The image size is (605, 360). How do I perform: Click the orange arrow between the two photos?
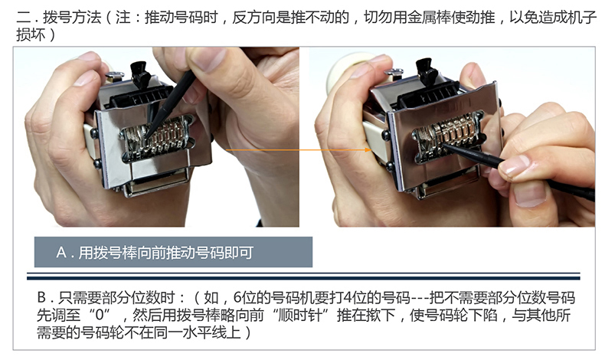pyautogui.click(x=299, y=149)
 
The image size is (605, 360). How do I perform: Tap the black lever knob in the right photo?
pyautogui.click(x=427, y=72)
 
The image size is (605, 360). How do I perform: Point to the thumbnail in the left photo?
pyautogui.click(x=207, y=59)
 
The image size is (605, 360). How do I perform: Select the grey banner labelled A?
pyautogui.click(x=173, y=252)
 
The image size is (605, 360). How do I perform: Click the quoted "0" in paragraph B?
pyautogui.click(x=100, y=316)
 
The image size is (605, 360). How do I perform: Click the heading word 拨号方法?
pyautogui.click(x=72, y=18)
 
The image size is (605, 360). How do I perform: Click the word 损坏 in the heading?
pyautogui.click(x=31, y=35)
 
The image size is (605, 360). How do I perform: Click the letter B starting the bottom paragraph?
pyautogui.click(x=41, y=298)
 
